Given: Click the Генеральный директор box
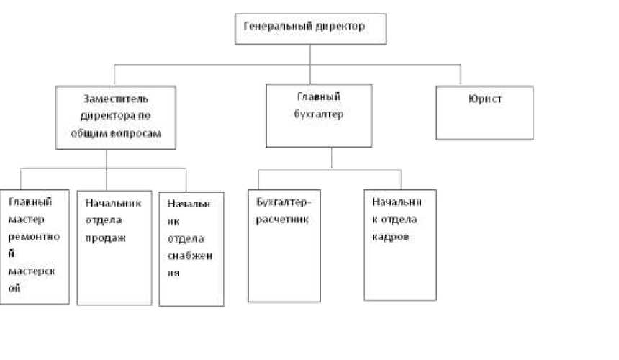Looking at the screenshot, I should coord(311,29).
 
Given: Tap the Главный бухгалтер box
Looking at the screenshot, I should coord(319,115).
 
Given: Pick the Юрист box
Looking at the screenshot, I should coord(484,112).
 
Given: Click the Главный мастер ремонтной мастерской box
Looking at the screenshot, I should coord(35,246).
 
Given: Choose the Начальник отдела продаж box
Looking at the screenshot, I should coord(114,246).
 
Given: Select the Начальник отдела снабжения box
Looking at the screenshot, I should coord(191,249).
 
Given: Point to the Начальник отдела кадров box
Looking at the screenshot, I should coord(399,245).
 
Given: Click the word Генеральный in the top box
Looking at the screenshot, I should coord(278,27).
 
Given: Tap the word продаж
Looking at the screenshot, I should coord(105,238).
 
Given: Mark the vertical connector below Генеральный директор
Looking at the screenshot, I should coord(310,54).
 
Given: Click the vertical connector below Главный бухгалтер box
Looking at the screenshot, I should coord(331,158).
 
